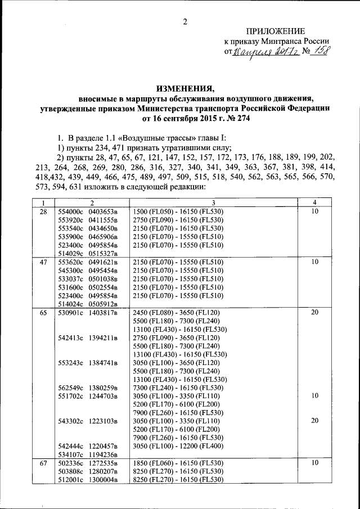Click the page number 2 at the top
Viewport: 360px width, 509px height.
[183, 22]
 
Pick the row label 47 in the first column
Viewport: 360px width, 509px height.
[43, 262]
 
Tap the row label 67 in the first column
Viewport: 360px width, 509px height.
[43, 463]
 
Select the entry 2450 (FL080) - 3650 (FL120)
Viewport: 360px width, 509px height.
[176, 312]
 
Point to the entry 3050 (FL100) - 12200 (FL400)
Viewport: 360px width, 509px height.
[178, 446]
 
